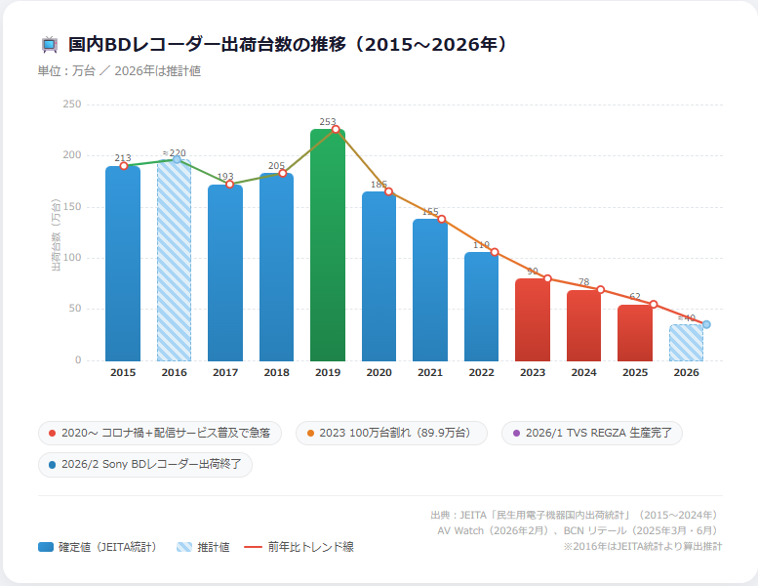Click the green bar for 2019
point(328,244)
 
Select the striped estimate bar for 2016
point(174,261)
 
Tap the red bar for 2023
point(533,319)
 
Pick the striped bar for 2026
point(686,343)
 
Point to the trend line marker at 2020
point(388,191)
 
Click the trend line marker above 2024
point(601,289)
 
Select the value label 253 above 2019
point(328,122)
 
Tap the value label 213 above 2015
point(123,158)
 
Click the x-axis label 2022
point(481,373)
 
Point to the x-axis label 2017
point(225,373)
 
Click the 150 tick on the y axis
point(72,206)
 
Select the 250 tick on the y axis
point(72,104)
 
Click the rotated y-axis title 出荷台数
point(56,233)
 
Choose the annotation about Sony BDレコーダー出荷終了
point(145,464)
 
